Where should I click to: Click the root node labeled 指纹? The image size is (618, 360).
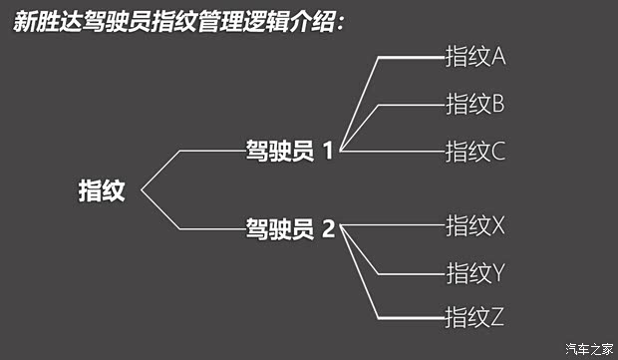tap(102, 190)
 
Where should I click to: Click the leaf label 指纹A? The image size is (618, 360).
tap(475, 56)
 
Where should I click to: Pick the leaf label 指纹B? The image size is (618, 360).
tap(475, 103)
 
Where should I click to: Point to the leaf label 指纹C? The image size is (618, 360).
tap(475, 152)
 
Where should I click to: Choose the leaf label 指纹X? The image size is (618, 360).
tap(475, 225)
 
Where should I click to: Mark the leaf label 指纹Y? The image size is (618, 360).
tap(475, 271)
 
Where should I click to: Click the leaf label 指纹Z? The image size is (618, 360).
tap(475, 318)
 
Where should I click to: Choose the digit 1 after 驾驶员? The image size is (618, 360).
tap(328, 152)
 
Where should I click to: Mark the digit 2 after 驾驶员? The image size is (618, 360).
tap(328, 229)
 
